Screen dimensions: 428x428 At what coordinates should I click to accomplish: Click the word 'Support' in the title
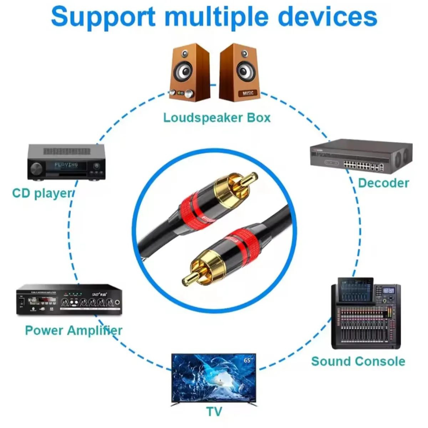(103, 16)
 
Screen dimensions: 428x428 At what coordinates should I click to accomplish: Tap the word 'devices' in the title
(327, 16)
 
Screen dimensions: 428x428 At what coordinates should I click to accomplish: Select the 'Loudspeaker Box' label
(217, 117)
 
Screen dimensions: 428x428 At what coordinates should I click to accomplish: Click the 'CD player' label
(42, 193)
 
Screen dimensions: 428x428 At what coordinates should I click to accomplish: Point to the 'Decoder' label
(383, 183)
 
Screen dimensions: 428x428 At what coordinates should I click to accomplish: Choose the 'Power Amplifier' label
(73, 330)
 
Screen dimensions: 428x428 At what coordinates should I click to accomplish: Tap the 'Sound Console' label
(358, 361)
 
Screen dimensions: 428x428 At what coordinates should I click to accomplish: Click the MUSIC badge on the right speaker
(248, 93)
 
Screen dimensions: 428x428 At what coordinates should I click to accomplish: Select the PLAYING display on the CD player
(66, 165)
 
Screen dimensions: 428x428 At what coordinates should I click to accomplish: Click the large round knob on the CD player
(36, 168)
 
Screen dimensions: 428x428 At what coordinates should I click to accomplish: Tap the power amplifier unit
(69, 300)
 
